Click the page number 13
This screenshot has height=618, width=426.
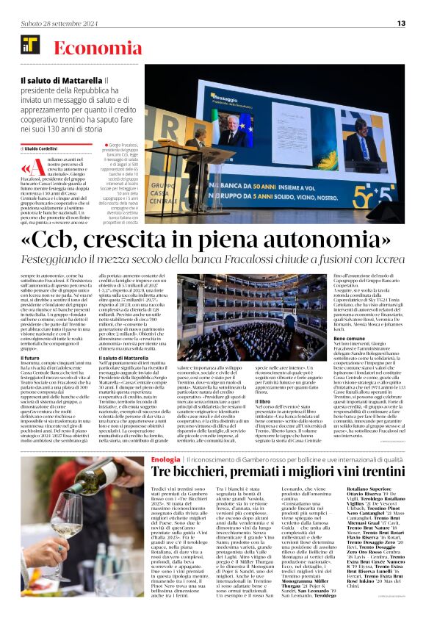tap(401, 24)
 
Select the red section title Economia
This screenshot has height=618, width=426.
tap(89, 48)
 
